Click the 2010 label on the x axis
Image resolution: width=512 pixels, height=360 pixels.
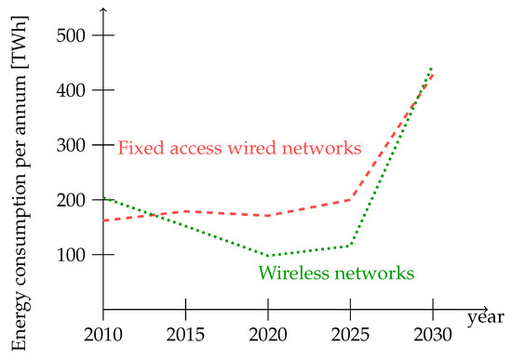[104, 334]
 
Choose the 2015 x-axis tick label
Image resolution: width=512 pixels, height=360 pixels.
[186, 334]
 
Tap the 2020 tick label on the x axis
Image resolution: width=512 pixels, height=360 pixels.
[268, 334]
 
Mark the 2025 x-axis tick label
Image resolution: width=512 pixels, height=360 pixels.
[350, 334]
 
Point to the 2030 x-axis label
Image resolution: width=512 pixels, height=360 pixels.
[432, 334]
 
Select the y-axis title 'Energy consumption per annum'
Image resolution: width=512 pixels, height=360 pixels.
[20, 177]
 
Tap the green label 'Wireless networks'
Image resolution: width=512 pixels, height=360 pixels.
[336, 273]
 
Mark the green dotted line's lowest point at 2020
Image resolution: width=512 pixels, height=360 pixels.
[268, 256]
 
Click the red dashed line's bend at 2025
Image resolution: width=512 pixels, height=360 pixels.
[350, 199]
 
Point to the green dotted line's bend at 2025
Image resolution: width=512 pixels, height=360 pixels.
[350, 246]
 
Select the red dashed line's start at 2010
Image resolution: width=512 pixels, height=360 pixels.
[104, 220]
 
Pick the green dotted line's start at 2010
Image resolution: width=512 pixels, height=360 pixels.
[104, 197]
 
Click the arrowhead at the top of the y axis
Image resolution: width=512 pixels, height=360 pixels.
[104, 8]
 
